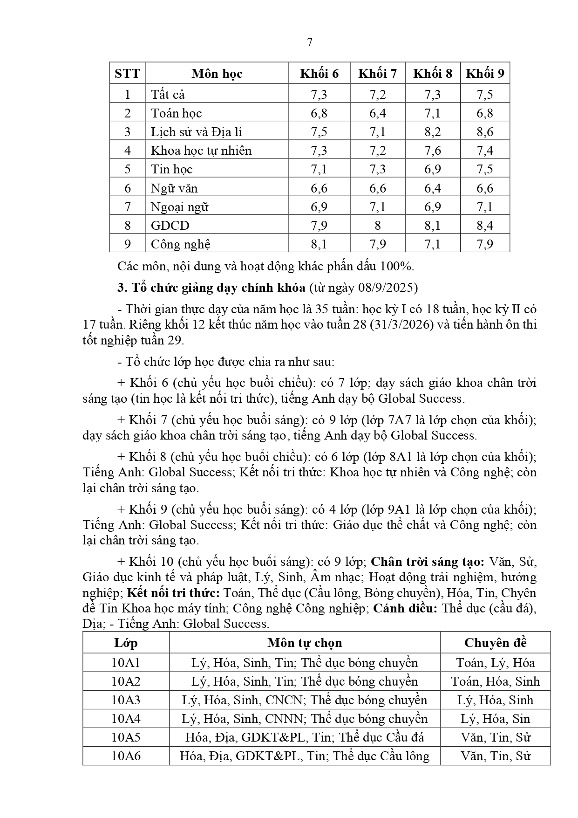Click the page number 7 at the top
point(310,42)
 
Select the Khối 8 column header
point(433,74)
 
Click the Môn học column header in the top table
point(217,74)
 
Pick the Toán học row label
point(176,113)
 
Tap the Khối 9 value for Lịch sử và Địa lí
point(485,132)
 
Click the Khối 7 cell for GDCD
point(377,226)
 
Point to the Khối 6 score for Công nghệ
point(319,244)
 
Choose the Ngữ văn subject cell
point(174,188)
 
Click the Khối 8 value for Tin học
point(433,169)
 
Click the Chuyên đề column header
point(495,643)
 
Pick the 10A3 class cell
point(126,700)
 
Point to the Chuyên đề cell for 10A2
point(495,681)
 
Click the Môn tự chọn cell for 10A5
point(305,737)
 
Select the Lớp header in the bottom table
point(126,643)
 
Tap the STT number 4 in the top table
point(128,151)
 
